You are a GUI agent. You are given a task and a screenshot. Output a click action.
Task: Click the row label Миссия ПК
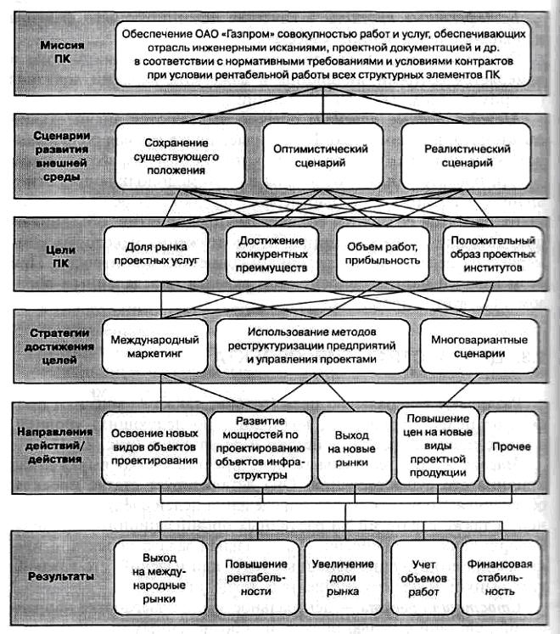click(x=64, y=50)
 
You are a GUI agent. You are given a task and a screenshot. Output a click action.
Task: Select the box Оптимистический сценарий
click(x=320, y=156)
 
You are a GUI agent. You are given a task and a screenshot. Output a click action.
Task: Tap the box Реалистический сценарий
click(x=466, y=156)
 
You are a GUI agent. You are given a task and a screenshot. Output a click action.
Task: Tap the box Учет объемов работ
click(x=423, y=574)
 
